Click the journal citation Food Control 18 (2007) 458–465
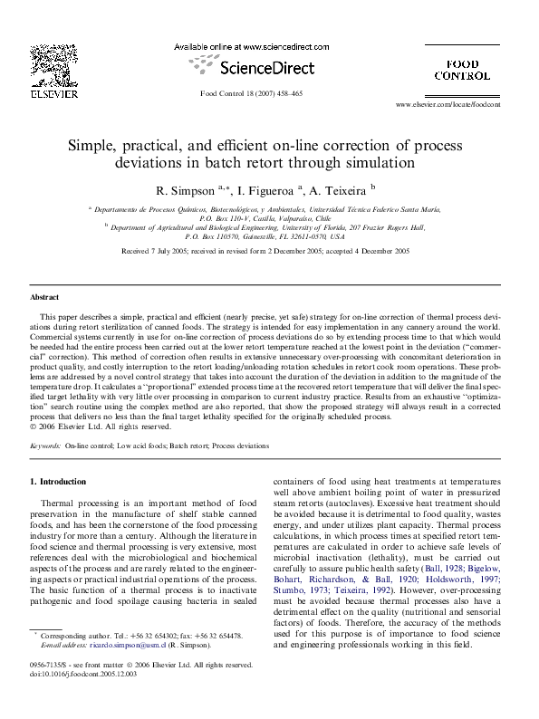(x=252, y=93)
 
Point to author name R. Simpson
(x=184, y=191)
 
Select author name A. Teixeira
(x=338, y=191)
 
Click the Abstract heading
(x=44, y=297)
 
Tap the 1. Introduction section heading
(x=63, y=482)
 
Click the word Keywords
(x=46, y=446)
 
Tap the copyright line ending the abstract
(x=88, y=426)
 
